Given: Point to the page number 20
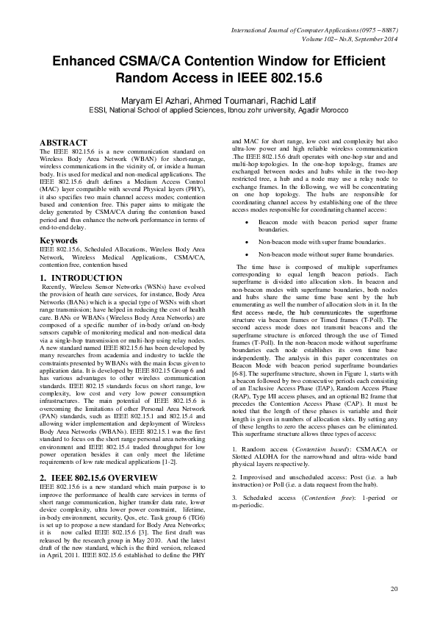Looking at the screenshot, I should [394, 589].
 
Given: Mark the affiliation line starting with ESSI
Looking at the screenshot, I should [218, 112].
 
